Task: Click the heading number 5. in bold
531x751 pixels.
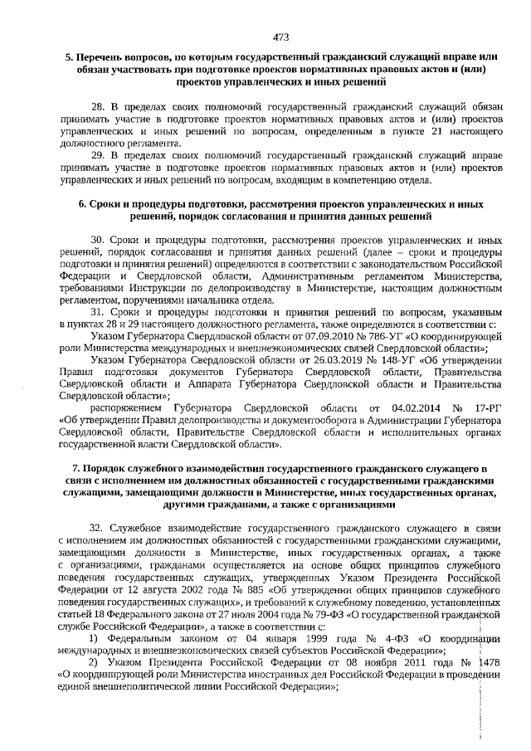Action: click(x=70, y=58)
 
